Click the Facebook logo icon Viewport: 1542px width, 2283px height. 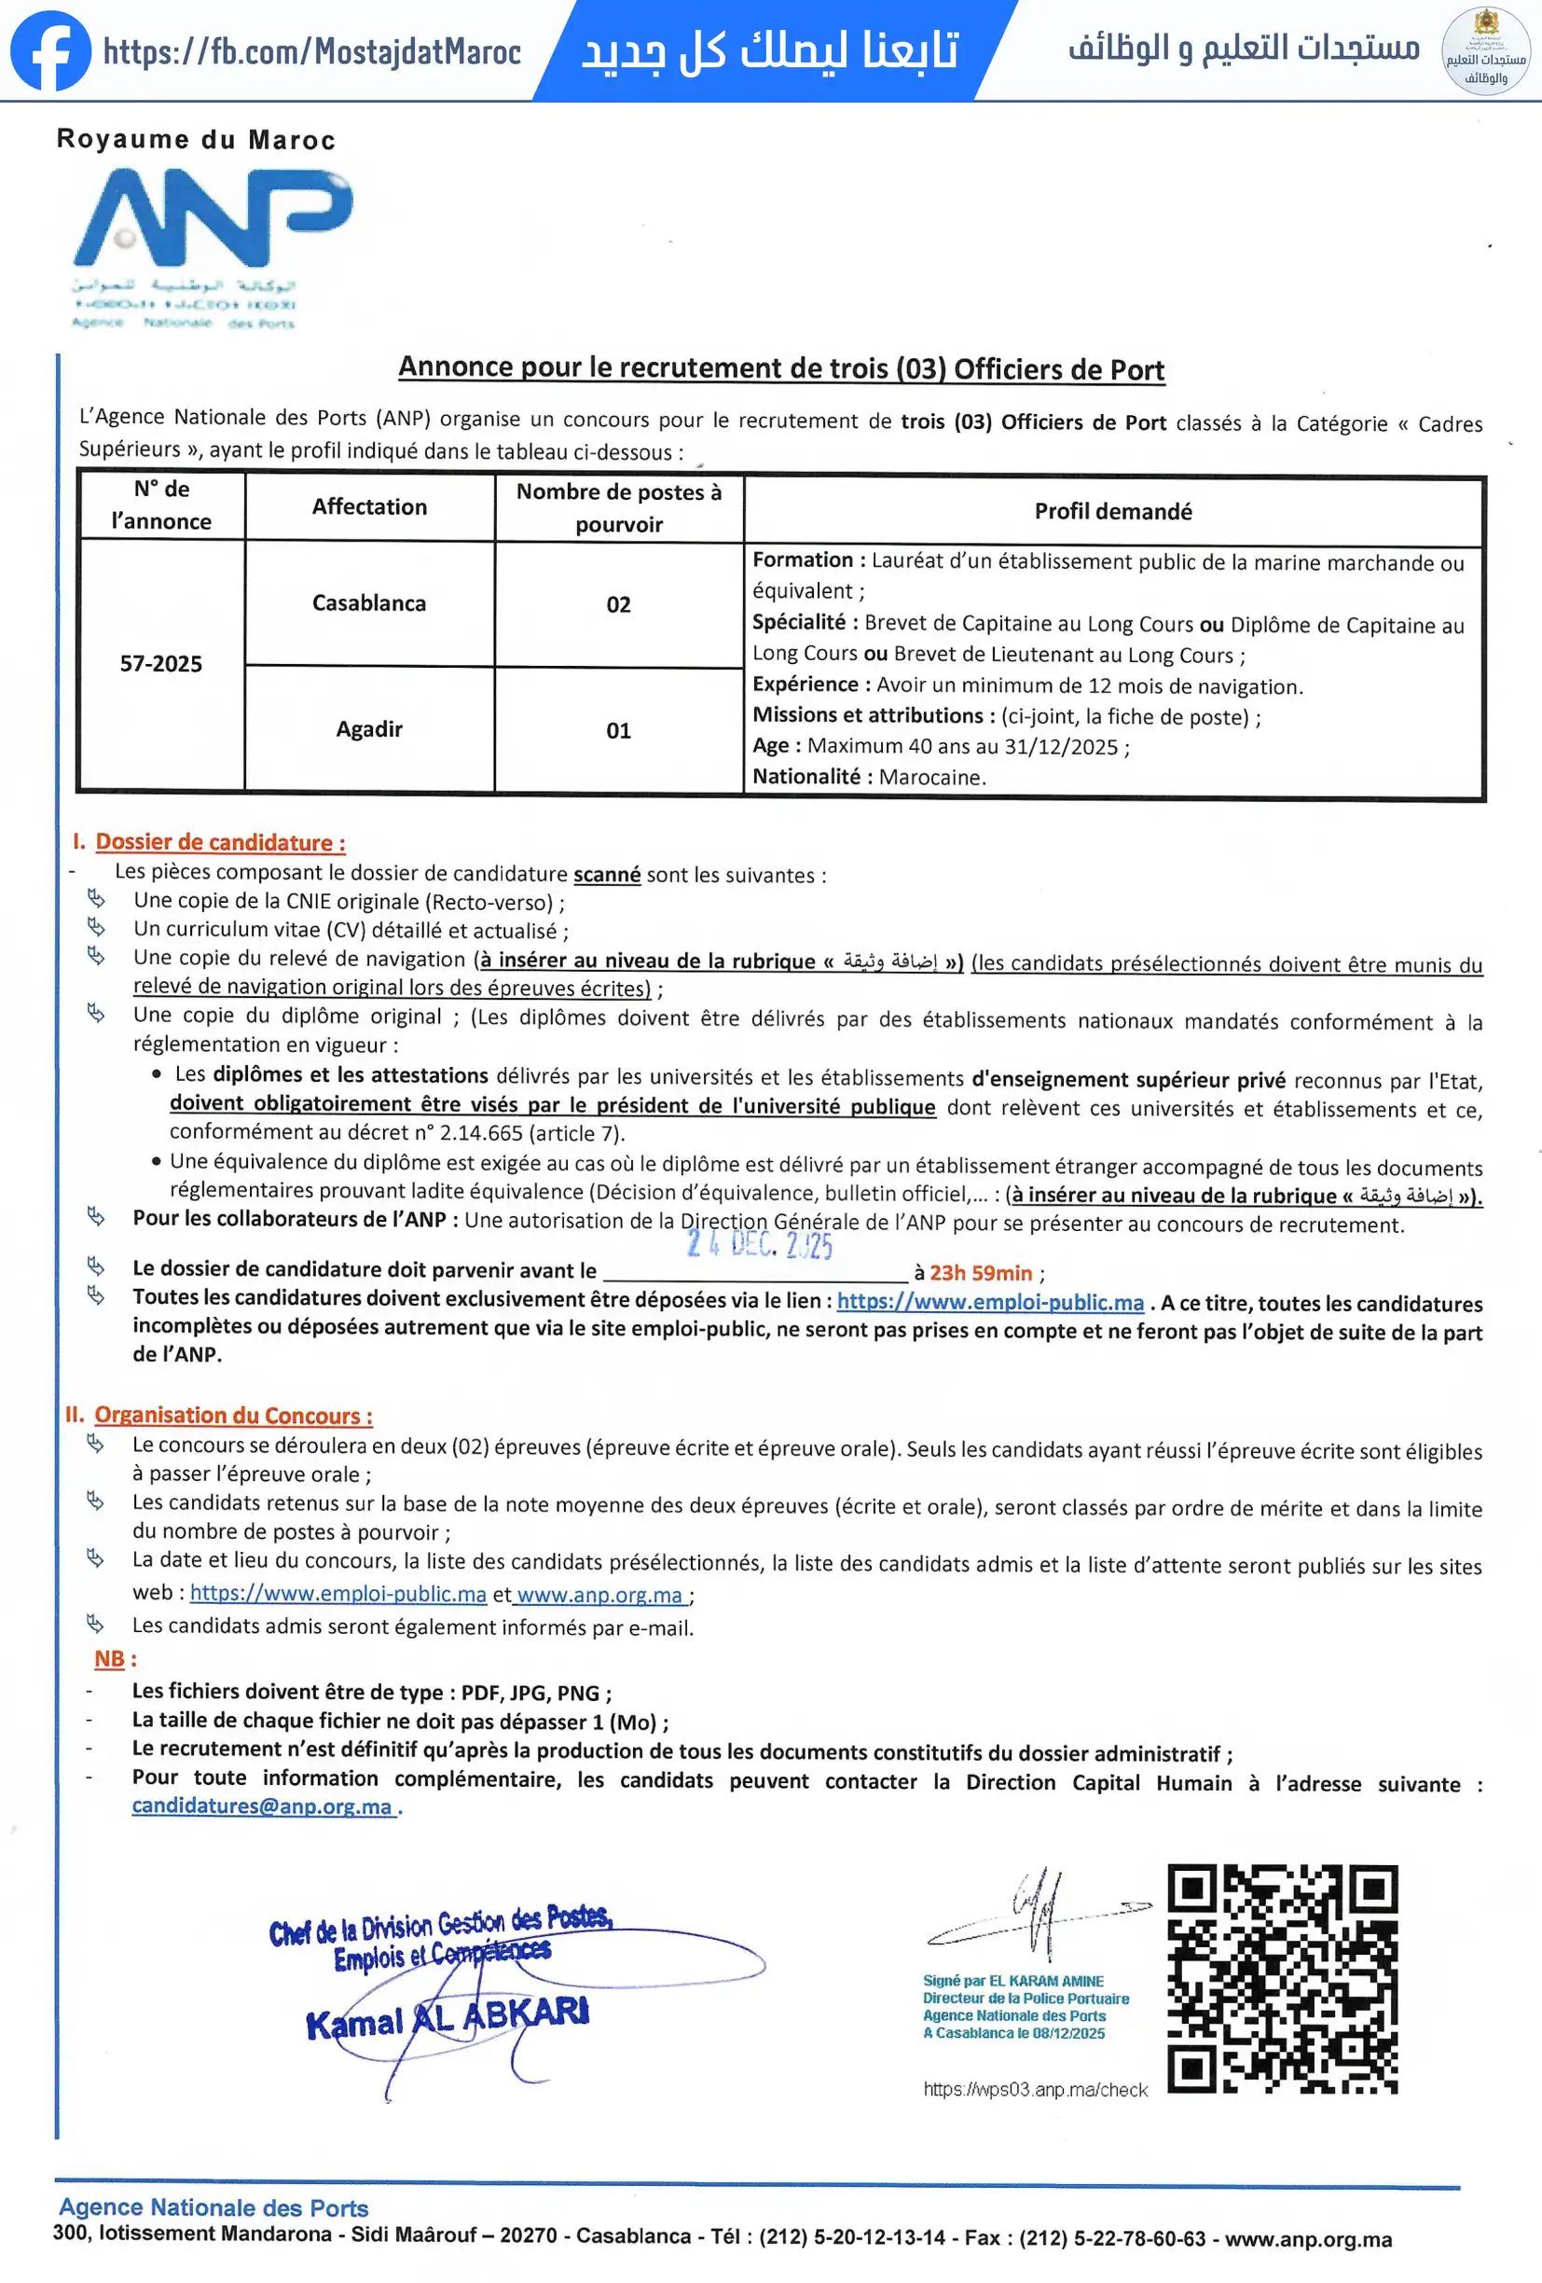pos(50,51)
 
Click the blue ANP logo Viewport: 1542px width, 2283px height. pos(213,217)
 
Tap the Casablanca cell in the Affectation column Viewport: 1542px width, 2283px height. pos(369,603)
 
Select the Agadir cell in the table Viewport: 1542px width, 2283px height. pos(369,729)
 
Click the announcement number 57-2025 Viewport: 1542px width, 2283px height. pos(161,664)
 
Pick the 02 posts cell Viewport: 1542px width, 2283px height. pos(619,604)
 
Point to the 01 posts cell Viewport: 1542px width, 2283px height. pos(619,730)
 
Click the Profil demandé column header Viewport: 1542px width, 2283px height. pos(1113,511)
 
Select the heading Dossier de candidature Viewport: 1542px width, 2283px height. pos(220,842)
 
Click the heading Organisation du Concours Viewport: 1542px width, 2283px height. pos(233,1416)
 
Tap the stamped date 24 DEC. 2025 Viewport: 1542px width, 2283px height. pos(760,1245)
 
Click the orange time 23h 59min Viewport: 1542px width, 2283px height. pos(980,1273)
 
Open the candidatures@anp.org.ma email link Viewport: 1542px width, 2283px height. pos(262,1806)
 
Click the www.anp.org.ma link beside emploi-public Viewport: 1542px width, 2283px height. pos(599,1595)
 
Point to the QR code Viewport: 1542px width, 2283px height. pos(1283,1978)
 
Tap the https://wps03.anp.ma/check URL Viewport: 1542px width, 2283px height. pos(1035,2089)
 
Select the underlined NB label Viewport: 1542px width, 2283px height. pos(109,1659)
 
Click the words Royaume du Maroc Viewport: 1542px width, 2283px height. pos(197,140)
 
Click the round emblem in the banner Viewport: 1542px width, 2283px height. pos(1485,51)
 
